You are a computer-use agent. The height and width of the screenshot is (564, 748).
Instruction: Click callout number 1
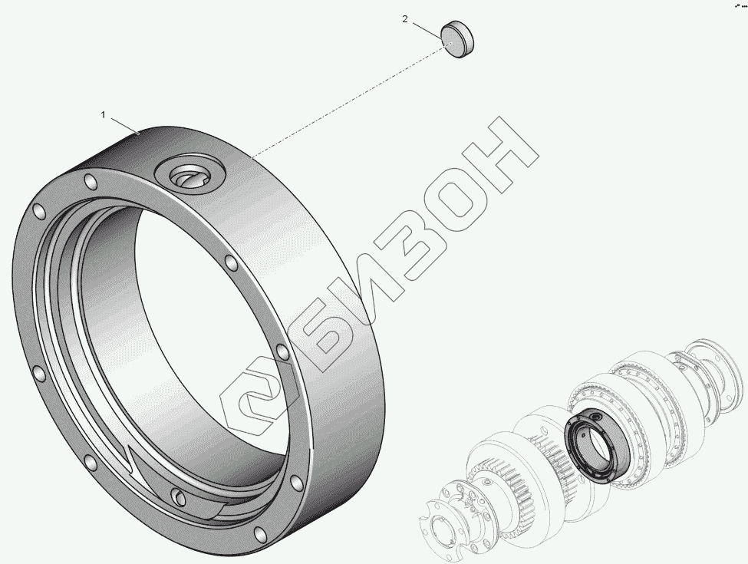(x=103, y=114)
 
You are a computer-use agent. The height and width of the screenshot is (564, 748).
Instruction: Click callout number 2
(x=405, y=19)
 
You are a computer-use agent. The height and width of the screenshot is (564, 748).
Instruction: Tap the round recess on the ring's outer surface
(x=190, y=176)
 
